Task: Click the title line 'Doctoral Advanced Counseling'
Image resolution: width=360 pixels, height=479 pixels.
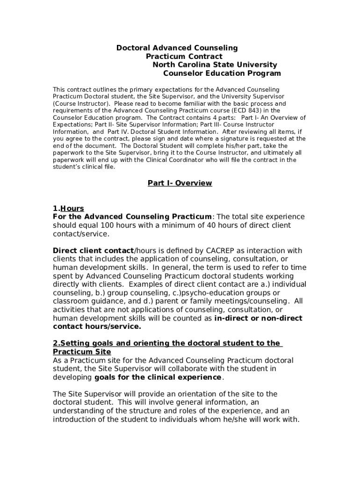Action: (x=177, y=48)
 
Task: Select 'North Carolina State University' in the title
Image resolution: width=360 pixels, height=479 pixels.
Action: (x=215, y=65)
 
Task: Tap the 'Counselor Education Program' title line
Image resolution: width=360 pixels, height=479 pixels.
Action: (x=222, y=73)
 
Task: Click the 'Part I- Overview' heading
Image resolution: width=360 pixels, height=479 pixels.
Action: (x=180, y=183)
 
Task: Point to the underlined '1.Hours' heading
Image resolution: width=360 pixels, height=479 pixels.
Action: (x=68, y=208)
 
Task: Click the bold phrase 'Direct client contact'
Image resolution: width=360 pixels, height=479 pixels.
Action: (x=93, y=250)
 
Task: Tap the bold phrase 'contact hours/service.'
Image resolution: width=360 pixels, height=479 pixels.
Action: (x=97, y=327)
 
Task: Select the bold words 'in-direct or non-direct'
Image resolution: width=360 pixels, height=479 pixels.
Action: (x=258, y=318)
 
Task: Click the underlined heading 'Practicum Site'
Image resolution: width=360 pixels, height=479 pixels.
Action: (x=82, y=352)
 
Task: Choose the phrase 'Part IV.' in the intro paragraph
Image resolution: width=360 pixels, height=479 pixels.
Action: (x=117, y=131)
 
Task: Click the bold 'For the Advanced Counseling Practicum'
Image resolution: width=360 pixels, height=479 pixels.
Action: (x=132, y=217)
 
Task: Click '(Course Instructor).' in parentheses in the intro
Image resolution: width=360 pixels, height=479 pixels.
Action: (x=81, y=103)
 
